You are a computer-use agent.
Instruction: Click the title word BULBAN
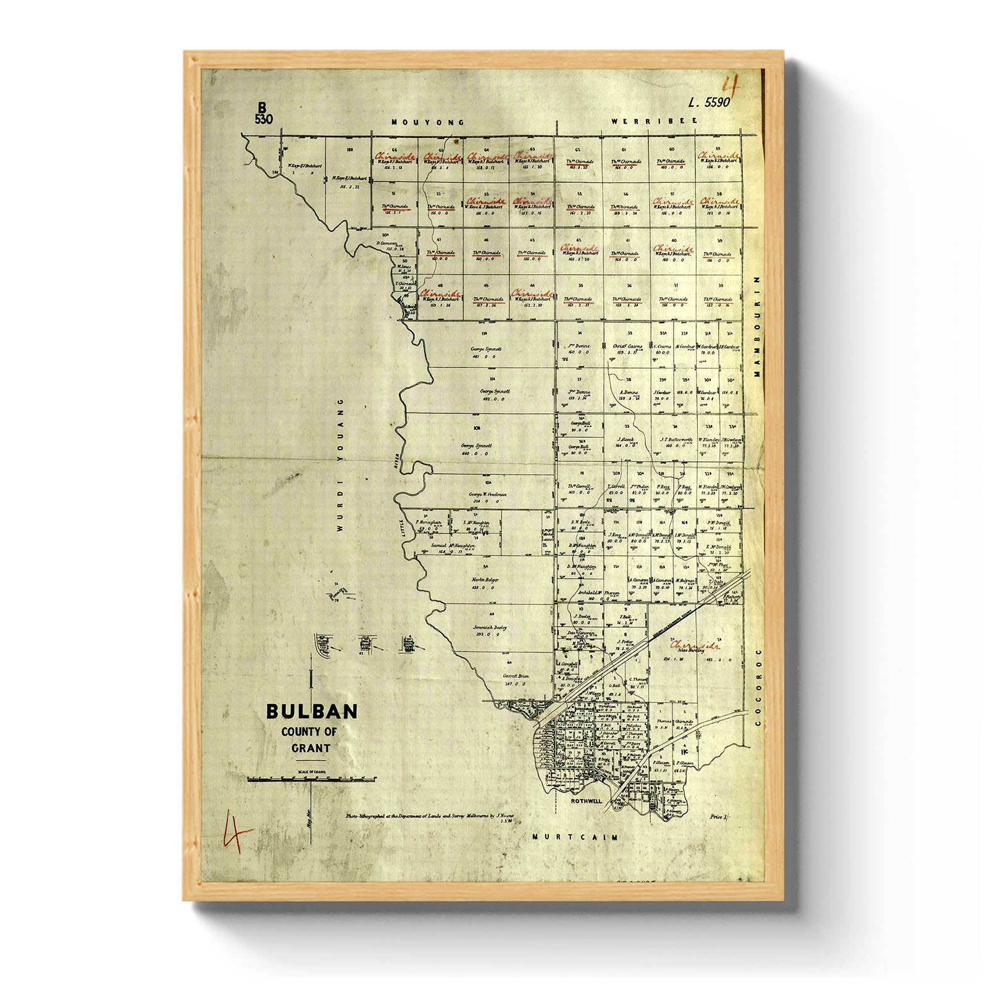pyautogui.click(x=312, y=711)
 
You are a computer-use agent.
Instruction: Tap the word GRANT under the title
pyautogui.click(x=311, y=748)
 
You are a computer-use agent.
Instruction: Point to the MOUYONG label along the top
pyautogui.click(x=419, y=123)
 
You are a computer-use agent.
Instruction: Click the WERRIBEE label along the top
pyautogui.click(x=654, y=121)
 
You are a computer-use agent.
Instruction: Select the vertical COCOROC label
pyautogui.click(x=759, y=686)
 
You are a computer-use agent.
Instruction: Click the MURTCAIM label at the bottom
pyautogui.click(x=575, y=837)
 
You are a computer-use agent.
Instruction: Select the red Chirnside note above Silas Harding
pyautogui.click(x=696, y=645)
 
